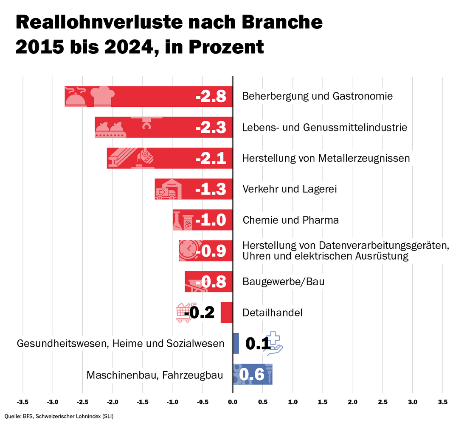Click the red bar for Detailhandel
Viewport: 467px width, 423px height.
(x=227, y=312)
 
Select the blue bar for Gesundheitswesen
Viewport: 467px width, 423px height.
(x=236, y=343)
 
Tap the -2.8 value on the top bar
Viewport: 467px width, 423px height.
(x=211, y=97)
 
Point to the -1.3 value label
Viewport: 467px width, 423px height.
(x=211, y=189)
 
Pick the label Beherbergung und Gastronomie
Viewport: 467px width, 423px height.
(x=317, y=96)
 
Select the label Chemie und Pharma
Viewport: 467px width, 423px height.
(x=290, y=220)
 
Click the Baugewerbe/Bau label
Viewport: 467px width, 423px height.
(x=283, y=281)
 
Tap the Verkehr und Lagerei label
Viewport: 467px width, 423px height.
(x=289, y=189)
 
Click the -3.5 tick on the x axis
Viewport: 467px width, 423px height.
(x=23, y=401)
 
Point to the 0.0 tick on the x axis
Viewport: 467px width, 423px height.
(x=233, y=401)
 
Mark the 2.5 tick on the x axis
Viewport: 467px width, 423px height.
(x=383, y=401)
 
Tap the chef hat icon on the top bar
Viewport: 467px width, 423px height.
(x=102, y=96)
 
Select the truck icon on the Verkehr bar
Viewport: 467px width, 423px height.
(x=166, y=193)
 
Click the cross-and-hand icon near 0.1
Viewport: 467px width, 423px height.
(x=274, y=343)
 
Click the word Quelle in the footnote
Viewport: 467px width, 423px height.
(x=13, y=416)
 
